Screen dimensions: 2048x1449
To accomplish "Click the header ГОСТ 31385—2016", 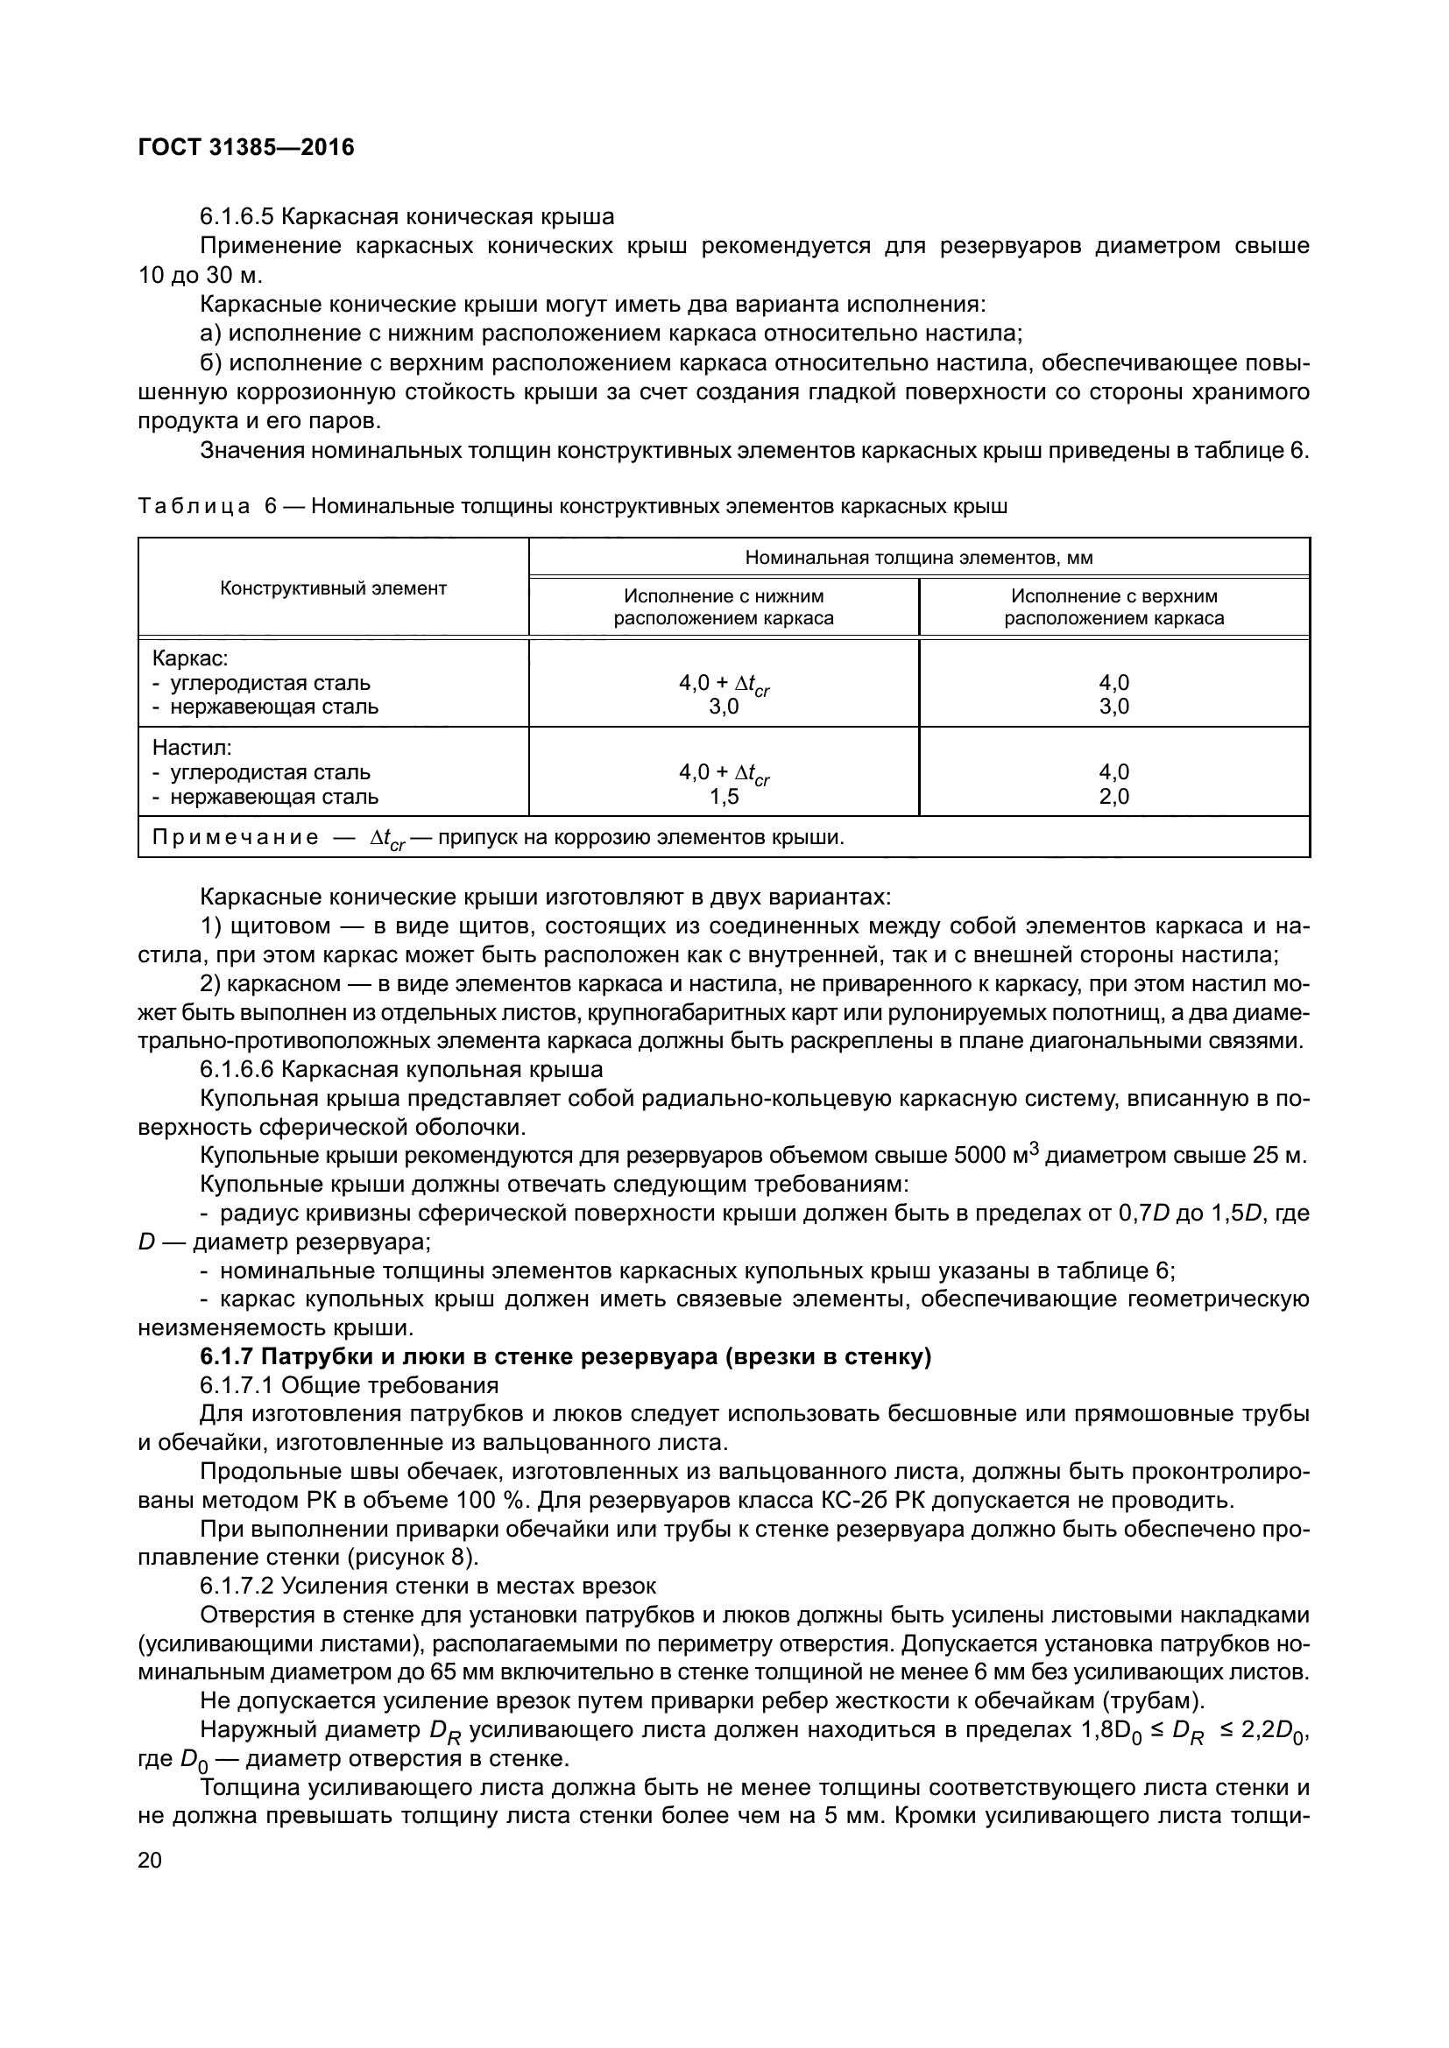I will [x=246, y=147].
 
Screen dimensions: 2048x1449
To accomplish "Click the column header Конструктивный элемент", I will [x=333, y=588].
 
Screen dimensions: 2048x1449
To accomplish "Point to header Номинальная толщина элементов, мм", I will [x=918, y=558].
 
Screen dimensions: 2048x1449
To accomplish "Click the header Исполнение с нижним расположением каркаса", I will [x=723, y=607].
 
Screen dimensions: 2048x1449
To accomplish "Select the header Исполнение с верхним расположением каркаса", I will [x=1113, y=607].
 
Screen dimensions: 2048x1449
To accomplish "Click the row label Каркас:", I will [x=190, y=658].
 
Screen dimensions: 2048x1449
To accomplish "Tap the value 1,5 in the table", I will [x=724, y=797].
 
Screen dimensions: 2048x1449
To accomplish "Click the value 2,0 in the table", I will [x=1113, y=797].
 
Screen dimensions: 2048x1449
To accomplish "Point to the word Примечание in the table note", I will [x=235, y=838].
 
